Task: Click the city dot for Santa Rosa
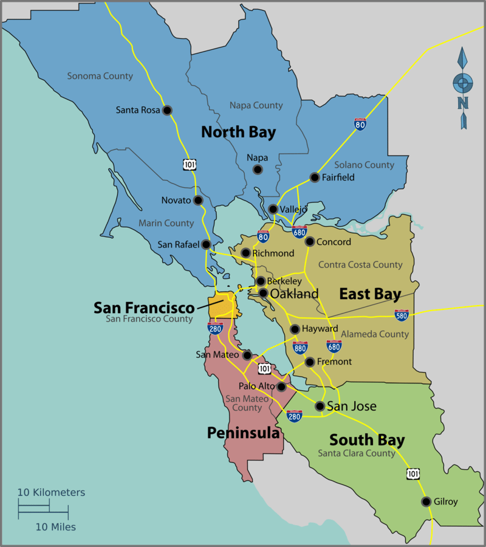click(168, 110)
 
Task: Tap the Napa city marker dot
click(258, 170)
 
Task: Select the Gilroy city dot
click(426, 502)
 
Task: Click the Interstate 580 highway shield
click(401, 315)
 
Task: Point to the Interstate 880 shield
click(300, 348)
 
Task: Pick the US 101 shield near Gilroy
click(414, 473)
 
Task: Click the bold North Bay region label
click(238, 132)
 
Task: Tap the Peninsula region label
click(243, 433)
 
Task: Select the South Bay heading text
click(367, 439)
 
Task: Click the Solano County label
click(364, 165)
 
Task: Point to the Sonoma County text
click(100, 76)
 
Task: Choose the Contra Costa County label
click(360, 264)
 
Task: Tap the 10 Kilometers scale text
click(51, 492)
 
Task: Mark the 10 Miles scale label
click(55, 527)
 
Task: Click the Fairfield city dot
click(315, 177)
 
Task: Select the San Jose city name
click(352, 406)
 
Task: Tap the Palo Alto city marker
click(281, 387)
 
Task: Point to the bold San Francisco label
click(143, 308)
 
